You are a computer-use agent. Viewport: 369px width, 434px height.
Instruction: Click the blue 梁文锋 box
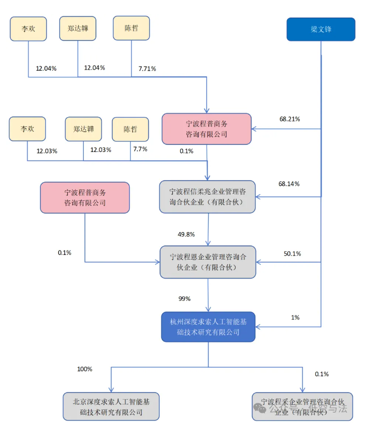[321, 29]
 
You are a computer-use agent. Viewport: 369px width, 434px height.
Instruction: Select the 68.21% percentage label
[289, 119]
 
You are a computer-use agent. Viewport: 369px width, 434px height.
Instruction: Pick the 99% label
[184, 299]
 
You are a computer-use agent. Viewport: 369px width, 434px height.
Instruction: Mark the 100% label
[84, 369]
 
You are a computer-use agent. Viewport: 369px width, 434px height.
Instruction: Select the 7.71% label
[147, 68]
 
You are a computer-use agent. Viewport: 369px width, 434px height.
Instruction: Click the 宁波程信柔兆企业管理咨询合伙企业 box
[207, 196]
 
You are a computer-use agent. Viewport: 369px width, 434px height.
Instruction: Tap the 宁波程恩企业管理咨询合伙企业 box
[208, 261]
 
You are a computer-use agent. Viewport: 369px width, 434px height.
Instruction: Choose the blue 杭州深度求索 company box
[208, 326]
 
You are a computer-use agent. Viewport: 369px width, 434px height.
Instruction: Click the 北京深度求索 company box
[110, 406]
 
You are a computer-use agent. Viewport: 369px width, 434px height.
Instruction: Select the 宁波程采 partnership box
[302, 406]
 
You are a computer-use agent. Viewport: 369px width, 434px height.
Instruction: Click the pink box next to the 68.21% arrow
[207, 129]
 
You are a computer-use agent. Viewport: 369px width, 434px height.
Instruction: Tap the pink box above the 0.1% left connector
[85, 197]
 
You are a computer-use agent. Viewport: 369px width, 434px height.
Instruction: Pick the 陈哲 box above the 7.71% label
[131, 28]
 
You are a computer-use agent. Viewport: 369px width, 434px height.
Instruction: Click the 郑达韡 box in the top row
[78, 28]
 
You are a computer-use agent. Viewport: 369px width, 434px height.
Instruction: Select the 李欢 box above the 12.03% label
[27, 129]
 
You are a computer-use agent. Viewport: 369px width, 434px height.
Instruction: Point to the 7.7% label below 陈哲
[140, 149]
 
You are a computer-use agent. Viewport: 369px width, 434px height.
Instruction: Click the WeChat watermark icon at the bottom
[259, 409]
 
